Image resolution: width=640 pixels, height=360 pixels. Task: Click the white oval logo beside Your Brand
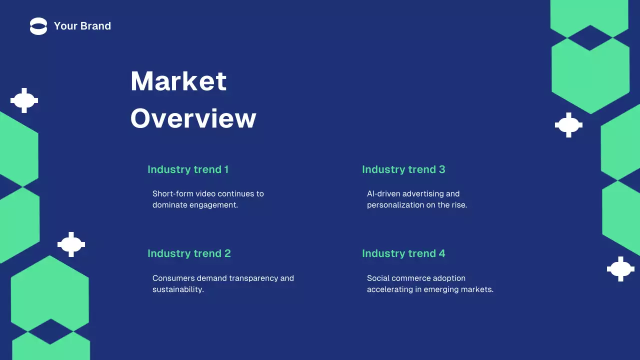[38, 26]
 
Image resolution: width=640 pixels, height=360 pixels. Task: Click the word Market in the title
[178, 81]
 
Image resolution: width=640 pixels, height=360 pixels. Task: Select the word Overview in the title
[193, 119]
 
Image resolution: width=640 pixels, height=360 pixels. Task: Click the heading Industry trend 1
[188, 169]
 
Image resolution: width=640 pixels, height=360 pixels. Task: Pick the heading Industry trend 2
[189, 253]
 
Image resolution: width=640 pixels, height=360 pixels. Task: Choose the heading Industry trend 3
[403, 169]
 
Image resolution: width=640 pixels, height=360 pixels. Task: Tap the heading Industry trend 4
[403, 253]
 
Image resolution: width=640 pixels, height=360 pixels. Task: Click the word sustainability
[178, 289]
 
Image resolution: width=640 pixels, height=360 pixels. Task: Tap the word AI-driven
[383, 194]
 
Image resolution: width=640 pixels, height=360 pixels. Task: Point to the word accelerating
[390, 289]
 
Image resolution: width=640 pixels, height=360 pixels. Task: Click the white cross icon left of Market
[24, 100]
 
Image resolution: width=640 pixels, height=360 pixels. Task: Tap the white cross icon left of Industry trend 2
[71, 244]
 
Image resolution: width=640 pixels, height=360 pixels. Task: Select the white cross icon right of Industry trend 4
[620, 269]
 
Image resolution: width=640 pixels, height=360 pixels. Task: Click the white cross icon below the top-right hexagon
[568, 125]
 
